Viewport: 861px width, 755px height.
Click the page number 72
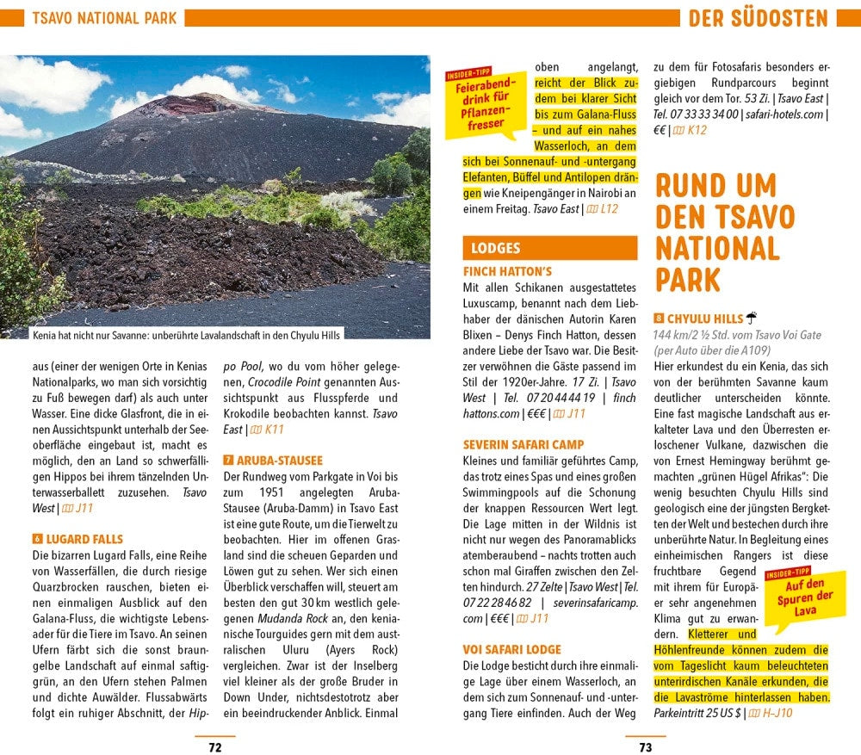tap(215, 746)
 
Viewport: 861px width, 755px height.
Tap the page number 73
tap(646, 746)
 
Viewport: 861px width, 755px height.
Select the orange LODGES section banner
tap(549, 248)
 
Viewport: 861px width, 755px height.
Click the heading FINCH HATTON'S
tap(507, 272)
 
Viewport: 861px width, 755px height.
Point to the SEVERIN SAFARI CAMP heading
tap(523, 445)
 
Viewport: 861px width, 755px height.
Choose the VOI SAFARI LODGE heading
tap(511, 650)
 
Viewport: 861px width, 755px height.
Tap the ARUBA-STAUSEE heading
tap(279, 461)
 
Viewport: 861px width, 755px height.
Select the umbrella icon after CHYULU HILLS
tap(751, 318)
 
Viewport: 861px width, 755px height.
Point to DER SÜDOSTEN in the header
tap(758, 18)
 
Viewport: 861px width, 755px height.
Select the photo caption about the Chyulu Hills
tap(185, 336)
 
